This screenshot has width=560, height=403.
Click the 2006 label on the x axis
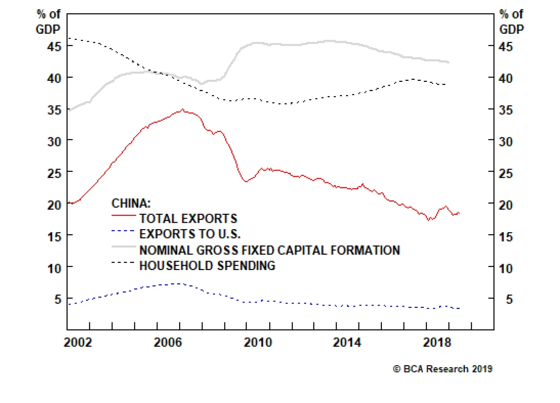(x=168, y=342)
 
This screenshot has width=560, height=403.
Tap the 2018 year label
(x=437, y=342)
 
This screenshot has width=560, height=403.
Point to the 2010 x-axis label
(x=258, y=342)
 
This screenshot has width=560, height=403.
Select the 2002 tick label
(x=78, y=342)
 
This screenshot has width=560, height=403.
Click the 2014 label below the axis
(x=347, y=342)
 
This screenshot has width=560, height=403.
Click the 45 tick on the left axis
(x=54, y=46)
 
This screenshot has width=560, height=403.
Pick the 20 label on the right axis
(x=505, y=205)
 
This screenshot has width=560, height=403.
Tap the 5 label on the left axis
(x=58, y=299)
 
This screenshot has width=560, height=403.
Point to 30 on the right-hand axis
(x=505, y=142)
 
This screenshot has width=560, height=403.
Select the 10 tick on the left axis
(x=54, y=269)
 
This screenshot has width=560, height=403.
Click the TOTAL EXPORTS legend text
(x=188, y=219)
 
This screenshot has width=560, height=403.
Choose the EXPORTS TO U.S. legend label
(x=190, y=234)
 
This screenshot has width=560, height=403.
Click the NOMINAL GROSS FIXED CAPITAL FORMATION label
(x=269, y=250)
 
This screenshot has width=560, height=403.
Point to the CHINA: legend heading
(x=131, y=203)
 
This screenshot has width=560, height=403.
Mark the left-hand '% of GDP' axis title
(x=48, y=22)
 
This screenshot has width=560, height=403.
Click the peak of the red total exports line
(x=183, y=109)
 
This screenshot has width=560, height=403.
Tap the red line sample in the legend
(x=124, y=216)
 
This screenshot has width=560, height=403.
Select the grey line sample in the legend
(x=124, y=247)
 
